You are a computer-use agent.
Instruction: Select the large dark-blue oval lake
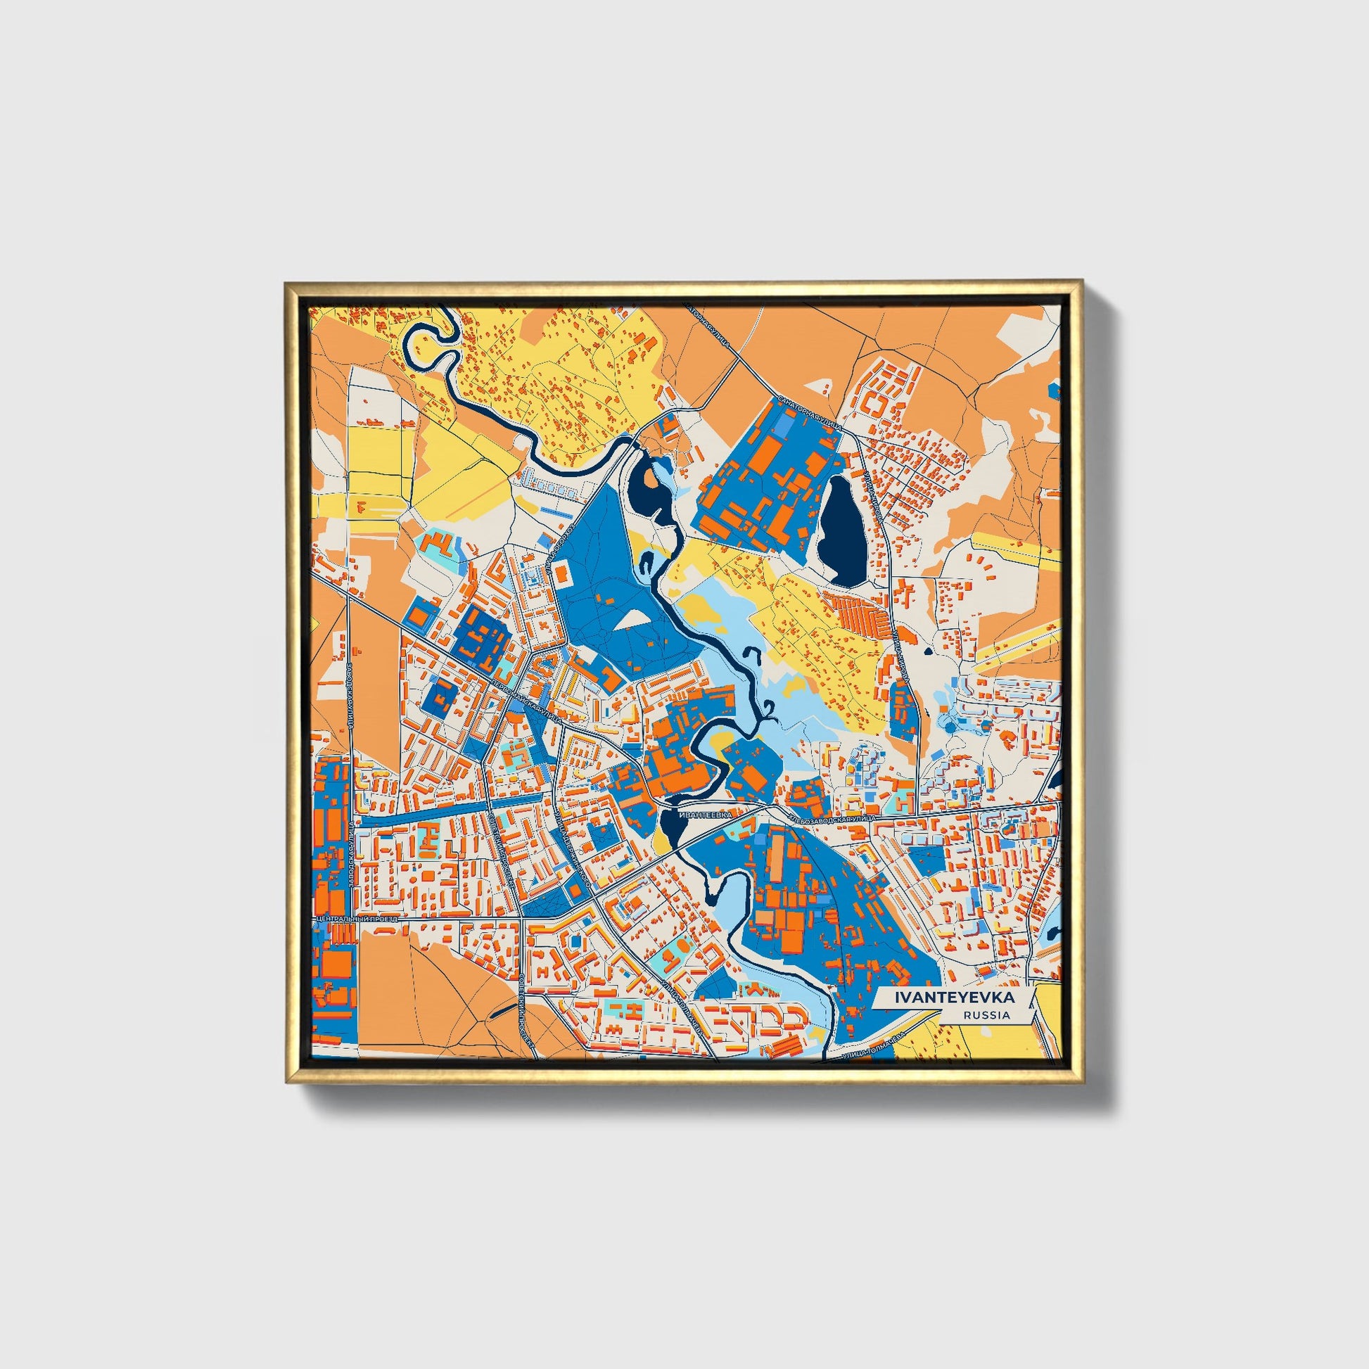841,529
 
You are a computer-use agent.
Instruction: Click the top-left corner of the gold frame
287,286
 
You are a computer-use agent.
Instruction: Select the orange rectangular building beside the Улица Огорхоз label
561,573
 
